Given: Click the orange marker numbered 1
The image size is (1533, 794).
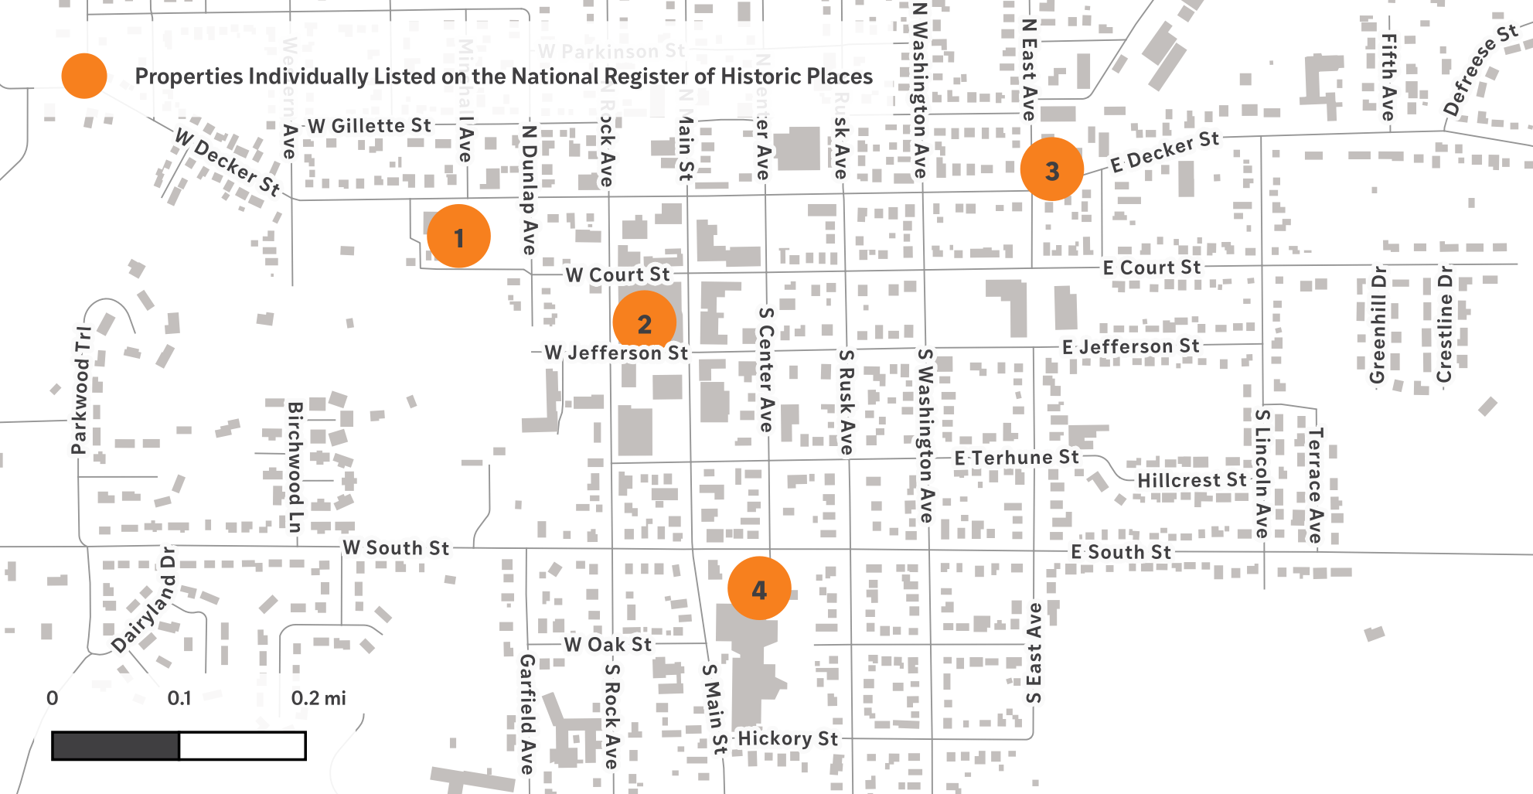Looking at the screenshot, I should pyautogui.click(x=458, y=237).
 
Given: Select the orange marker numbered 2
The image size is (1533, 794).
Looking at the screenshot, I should pyautogui.click(x=644, y=322).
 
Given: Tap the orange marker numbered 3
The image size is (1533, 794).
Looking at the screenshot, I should pyautogui.click(x=1051, y=169).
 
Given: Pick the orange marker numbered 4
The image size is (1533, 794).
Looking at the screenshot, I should pyautogui.click(x=759, y=588).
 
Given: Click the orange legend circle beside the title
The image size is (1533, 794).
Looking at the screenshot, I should pyautogui.click(x=84, y=76).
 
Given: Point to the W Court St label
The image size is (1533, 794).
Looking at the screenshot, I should pyautogui.click(x=618, y=274).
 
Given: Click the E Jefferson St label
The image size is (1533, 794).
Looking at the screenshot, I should pyautogui.click(x=1130, y=346).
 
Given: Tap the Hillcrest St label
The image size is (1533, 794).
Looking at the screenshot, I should pyautogui.click(x=1191, y=480).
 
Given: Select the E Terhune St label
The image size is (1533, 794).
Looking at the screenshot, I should pyautogui.click(x=1016, y=458).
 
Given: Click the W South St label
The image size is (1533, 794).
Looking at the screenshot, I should pyautogui.click(x=396, y=547).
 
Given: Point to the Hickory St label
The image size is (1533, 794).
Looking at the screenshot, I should pyautogui.click(x=788, y=738).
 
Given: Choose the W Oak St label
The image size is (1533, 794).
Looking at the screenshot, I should pyautogui.click(x=608, y=644).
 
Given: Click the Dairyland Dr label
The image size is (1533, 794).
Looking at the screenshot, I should pyautogui.click(x=144, y=601).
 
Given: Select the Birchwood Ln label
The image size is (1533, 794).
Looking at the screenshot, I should pyautogui.click(x=295, y=467).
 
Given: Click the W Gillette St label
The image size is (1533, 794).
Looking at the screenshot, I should pyautogui.click(x=370, y=125).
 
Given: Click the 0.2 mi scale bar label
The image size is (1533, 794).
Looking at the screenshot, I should pyautogui.click(x=319, y=698).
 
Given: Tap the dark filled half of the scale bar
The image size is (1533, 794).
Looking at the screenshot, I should pyautogui.click(x=115, y=746).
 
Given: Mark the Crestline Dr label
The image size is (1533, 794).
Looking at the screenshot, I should pyautogui.click(x=1444, y=324).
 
